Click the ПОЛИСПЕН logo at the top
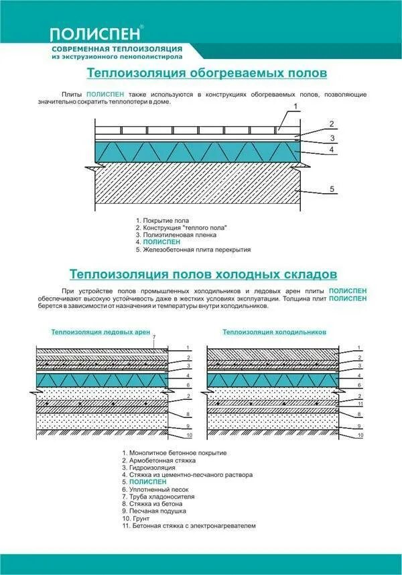coord(96,34)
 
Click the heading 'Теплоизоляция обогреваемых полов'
coord(208,72)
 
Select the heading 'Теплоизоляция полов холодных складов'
coord(203,274)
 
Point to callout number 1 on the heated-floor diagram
coord(295,107)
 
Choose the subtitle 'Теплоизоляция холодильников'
coord(274,331)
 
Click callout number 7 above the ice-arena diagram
coord(154,336)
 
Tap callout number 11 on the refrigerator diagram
coord(360,404)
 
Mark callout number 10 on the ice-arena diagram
coord(190,435)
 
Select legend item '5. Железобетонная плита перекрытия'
coord(193,250)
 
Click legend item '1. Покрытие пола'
coord(162,220)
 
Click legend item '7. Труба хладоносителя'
coord(158,496)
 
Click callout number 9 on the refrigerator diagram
coord(360,425)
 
